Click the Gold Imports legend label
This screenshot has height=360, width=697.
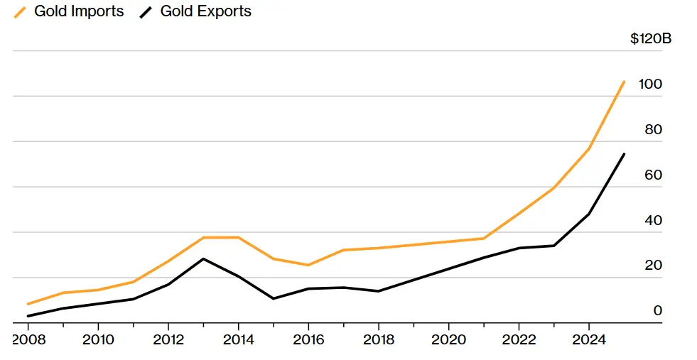pyautogui.click(x=78, y=11)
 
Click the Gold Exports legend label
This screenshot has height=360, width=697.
pyautogui.click(x=206, y=11)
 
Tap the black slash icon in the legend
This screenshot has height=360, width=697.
pyautogui.click(x=147, y=12)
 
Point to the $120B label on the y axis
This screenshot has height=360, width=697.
pyautogui.click(x=650, y=38)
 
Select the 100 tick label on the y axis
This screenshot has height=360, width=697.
pyautogui.click(x=650, y=84)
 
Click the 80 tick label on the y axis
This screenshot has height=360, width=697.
pyautogui.click(x=652, y=129)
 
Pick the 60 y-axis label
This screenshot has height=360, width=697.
pyautogui.click(x=652, y=175)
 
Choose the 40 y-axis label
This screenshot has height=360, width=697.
pyautogui.click(x=652, y=220)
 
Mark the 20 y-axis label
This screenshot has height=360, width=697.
pyautogui.click(x=652, y=266)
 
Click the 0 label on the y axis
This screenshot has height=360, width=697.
pyautogui.click(x=657, y=310)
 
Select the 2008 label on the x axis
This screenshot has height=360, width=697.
pyautogui.click(x=28, y=339)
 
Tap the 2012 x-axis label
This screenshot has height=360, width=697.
pyautogui.click(x=168, y=339)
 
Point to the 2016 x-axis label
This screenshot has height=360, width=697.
pyautogui.click(x=308, y=339)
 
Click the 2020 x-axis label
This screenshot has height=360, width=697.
pyautogui.click(x=448, y=339)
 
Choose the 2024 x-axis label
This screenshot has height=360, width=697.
pyautogui.click(x=588, y=339)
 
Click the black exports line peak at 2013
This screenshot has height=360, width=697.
pyautogui.click(x=204, y=258)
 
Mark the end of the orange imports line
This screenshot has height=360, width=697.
pyautogui.click(x=624, y=82)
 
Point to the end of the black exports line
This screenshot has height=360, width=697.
pyautogui.click(x=624, y=154)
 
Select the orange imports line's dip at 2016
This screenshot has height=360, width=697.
pyautogui.click(x=308, y=265)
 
